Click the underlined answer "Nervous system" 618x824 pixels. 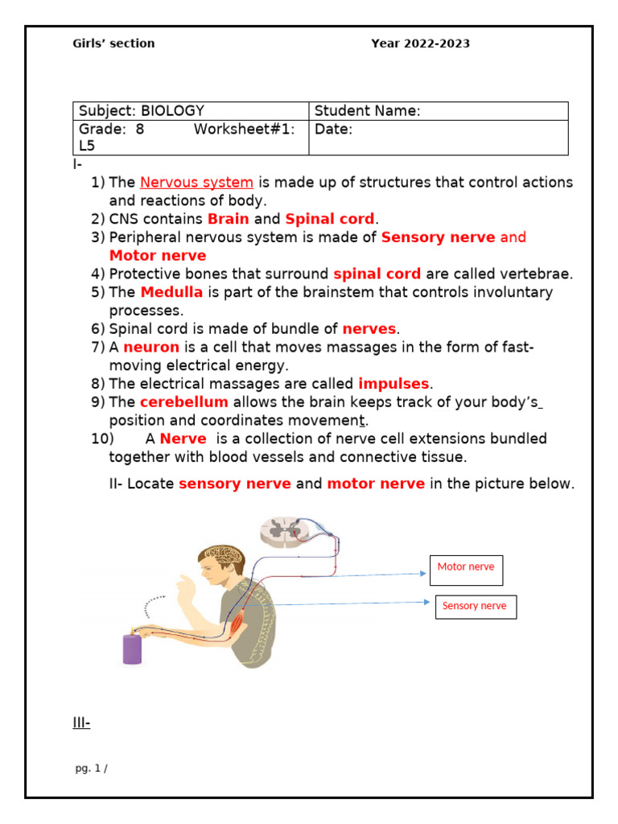[x=196, y=183]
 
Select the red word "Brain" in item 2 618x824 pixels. [x=228, y=219]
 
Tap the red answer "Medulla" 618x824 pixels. [x=171, y=292]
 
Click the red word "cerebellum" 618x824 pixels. [x=183, y=402]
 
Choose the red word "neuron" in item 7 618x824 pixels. [x=150, y=347]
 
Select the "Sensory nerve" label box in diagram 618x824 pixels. [x=476, y=607]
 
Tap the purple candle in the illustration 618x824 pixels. [x=133, y=648]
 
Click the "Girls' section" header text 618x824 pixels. [x=113, y=43]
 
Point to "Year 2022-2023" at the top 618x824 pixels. [x=420, y=43]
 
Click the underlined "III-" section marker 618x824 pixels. [x=81, y=723]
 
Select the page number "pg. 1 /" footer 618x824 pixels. [x=91, y=768]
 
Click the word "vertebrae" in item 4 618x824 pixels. [x=538, y=274]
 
